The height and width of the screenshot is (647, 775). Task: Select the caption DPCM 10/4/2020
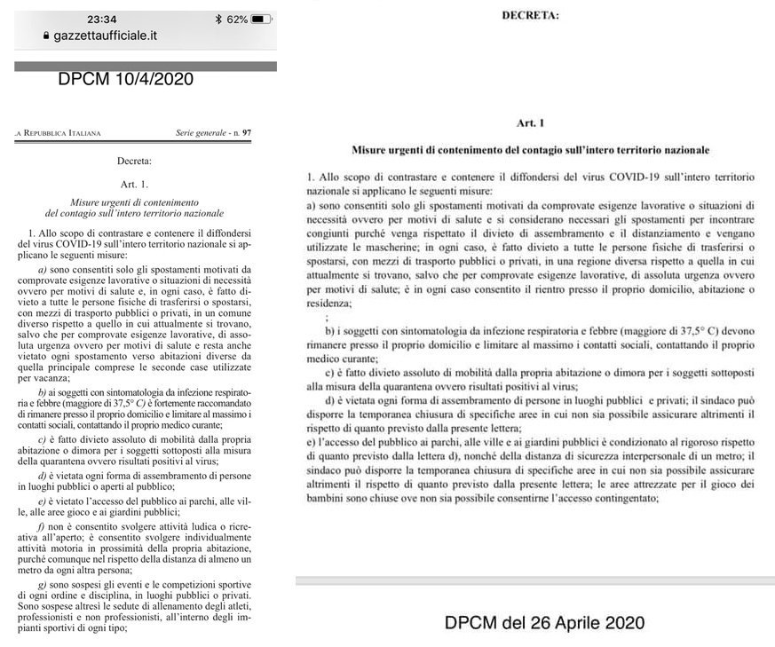[x=125, y=79]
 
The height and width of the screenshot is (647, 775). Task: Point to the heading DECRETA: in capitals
[x=531, y=15]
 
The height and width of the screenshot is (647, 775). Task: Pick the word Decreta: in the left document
[x=134, y=162]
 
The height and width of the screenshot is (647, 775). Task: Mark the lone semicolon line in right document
[x=329, y=317]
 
